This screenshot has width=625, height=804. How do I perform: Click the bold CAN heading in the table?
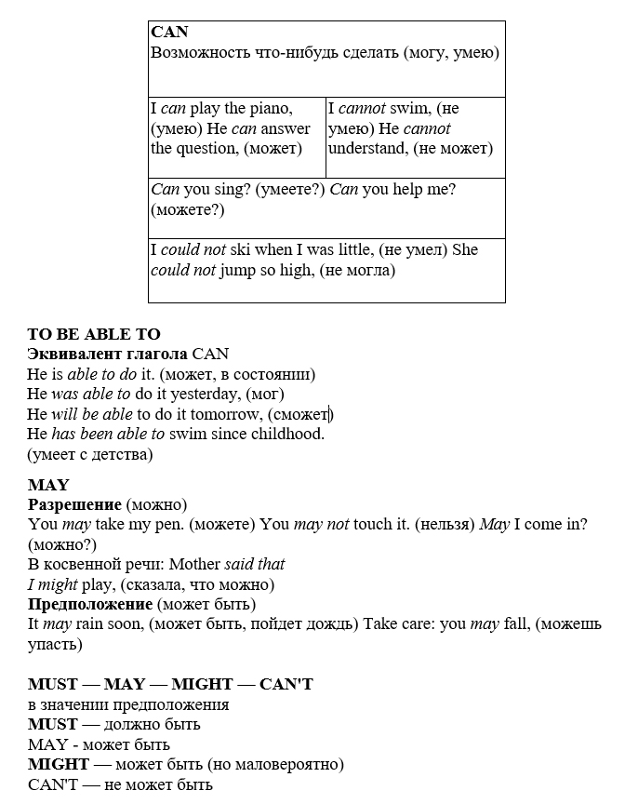click(169, 32)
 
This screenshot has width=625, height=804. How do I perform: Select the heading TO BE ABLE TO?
click(94, 334)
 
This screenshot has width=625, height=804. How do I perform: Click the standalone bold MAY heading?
click(48, 485)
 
